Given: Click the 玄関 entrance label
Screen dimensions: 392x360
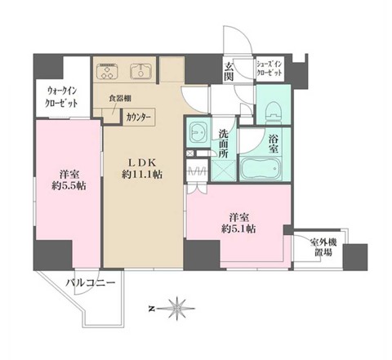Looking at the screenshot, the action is pyautogui.click(x=229, y=72).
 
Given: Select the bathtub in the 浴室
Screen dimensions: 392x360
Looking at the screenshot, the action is pyautogui.click(x=260, y=168).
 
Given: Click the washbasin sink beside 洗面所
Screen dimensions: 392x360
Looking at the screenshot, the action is pyautogui.click(x=198, y=132).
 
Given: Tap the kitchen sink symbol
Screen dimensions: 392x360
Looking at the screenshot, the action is pyautogui.click(x=140, y=71).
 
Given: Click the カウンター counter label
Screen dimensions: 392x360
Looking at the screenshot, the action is pyautogui.click(x=138, y=118).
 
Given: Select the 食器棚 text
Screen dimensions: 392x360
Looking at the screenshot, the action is pyautogui.click(x=120, y=98).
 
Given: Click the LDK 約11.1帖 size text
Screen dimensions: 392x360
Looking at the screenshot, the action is pyautogui.click(x=142, y=169).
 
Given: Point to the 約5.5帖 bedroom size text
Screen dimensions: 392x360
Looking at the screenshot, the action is pyautogui.click(x=69, y=186).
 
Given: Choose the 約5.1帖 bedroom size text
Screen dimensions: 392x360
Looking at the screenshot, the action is pyautogui.click(x=238, y=229).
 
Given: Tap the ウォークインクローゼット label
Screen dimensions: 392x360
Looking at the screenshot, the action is pyautogui.click(x=61, y=97).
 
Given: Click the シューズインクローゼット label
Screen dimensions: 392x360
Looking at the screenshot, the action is pyautogui.click(x=269, y=69).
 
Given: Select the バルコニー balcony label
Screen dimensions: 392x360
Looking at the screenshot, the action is pyautogui.click(x=91, y=283).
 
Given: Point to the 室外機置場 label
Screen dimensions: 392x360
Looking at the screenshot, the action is pyautogui.click(x=323, y=247).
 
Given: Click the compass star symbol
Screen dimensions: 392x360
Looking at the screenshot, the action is pyautogui.click(x=177, y=309).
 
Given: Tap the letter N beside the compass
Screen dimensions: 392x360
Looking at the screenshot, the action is pyautogui.click(x=152, y=309).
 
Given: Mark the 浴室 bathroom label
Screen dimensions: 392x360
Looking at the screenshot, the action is pyautogui.click(x=274, y=144).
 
